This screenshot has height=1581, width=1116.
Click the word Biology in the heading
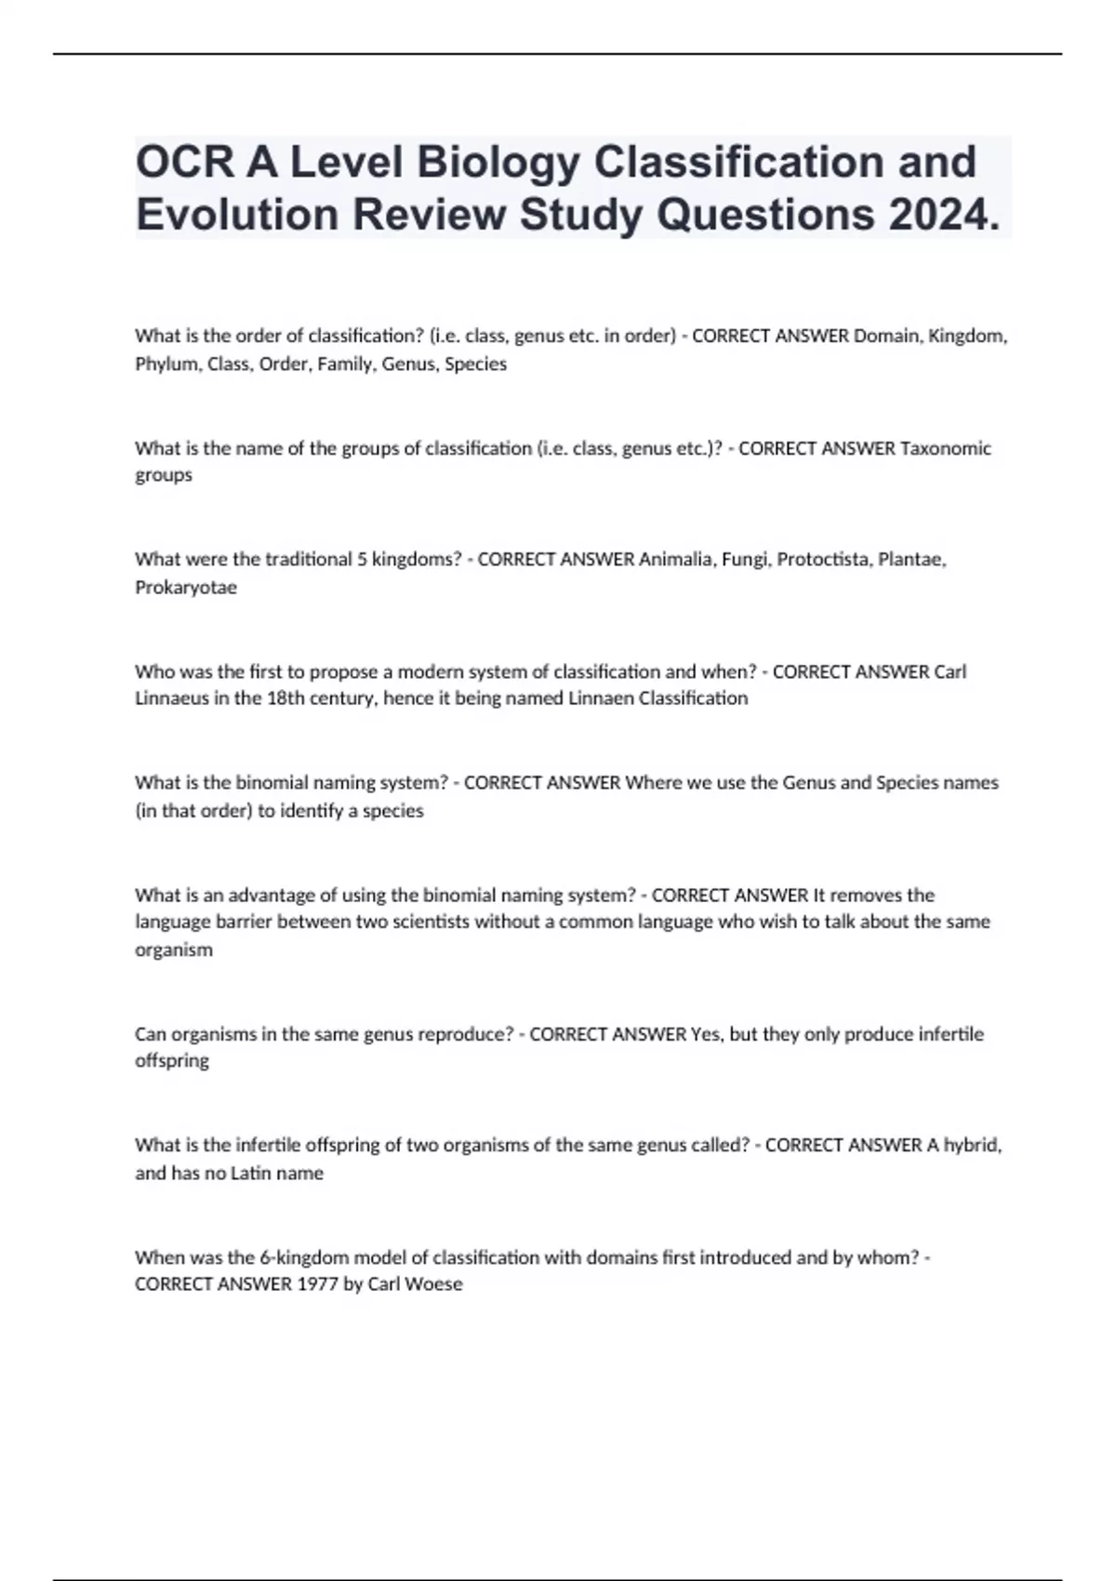tap(497, 162)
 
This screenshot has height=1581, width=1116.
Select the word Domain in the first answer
tap(884, 336)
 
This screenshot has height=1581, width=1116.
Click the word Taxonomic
tap(946, 448)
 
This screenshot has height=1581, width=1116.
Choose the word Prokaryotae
tap(186, 588)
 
